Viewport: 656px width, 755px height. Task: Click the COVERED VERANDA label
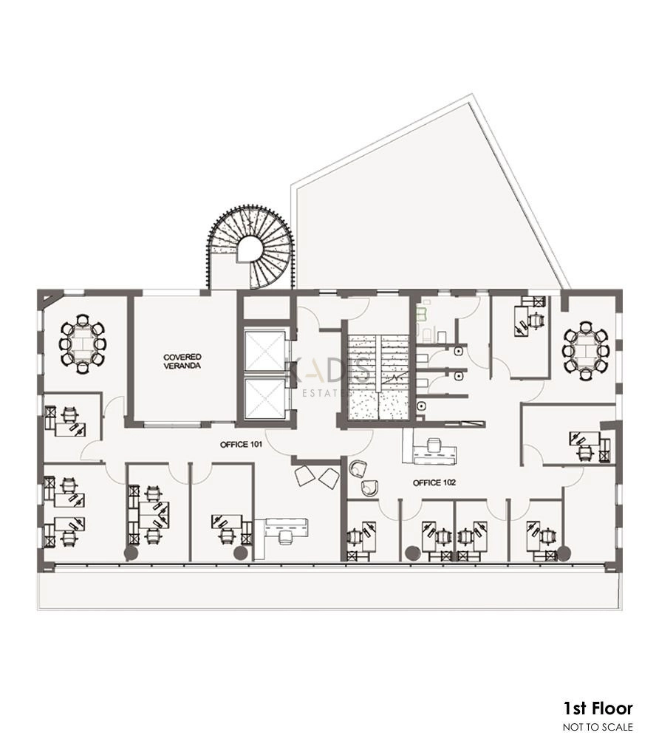[182, 361]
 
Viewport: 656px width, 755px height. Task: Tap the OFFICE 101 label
[241, 445]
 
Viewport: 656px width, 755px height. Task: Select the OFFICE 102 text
[434, 482]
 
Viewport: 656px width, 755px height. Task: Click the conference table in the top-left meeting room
[82, 344]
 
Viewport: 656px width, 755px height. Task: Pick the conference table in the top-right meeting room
[586, 351]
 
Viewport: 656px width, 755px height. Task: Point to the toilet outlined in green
[423, 315]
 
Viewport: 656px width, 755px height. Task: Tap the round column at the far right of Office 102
[564, 553]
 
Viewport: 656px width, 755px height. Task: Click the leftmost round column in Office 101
[131, 553]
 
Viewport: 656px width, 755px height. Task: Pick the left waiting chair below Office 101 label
[304, 475]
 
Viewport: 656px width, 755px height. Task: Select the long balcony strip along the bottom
[327, 590]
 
